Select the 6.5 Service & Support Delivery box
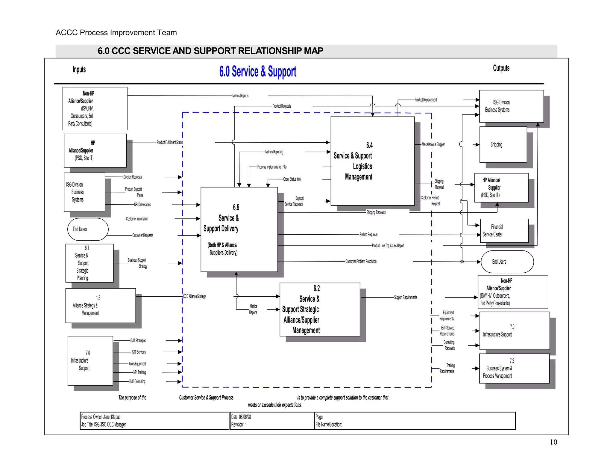pyautogui.click(x=239, y=229)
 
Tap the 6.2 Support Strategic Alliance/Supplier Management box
pyautogui.click(x=319, y=309)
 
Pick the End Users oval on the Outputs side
pyautogui.click(x=507, y=262)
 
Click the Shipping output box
pyautogui.click(x=503, y=145)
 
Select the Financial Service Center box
pyautogui.click(x=504, y=231)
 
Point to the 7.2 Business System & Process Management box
pyautogui.click(x=514, y=369)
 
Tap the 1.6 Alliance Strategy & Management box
pyautogui.click(x=100, y=306)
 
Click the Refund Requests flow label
pyautogui.click(x=368, y=235)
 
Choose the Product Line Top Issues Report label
pyautogui.click(x=388, y=246)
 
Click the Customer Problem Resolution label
pyautogui.click(x=361, y=262)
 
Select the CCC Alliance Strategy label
pyautogui.click(x=195, y=296)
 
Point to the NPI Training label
pyautogui.click(x=139, y=372)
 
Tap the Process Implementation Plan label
pyautogui.click(x=272, y=167)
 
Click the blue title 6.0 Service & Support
pyautogui.click(x=258, y=72)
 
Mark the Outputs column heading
pyautogui.click(x=501, y=68)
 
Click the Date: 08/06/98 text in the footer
pyautogui.click(x=241, y=417)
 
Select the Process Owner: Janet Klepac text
pyautogui.click(x=101, y=417)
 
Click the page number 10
pyautogui.click(x=553, y=442)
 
